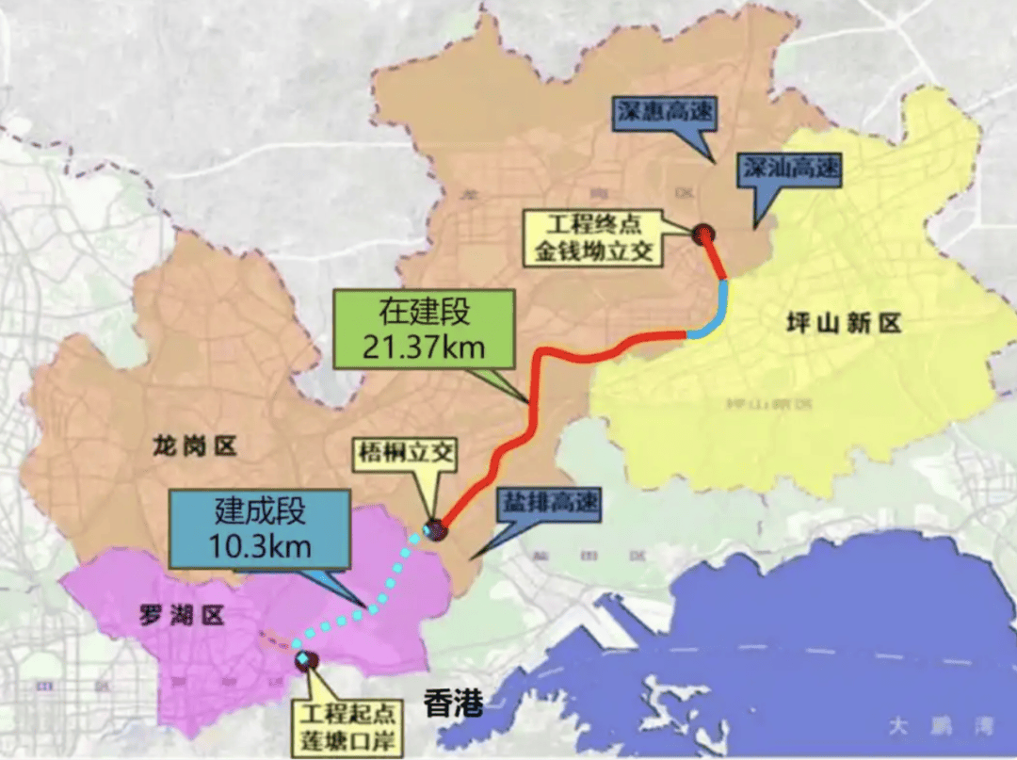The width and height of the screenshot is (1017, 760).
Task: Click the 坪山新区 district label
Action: [844, 324]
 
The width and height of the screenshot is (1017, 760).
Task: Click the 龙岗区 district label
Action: [194, 446]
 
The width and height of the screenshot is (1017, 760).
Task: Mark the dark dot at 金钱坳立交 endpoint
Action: [701, 234]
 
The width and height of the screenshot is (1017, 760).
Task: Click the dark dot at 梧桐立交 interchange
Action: [434, 529]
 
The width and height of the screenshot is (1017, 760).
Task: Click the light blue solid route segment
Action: [720, 306]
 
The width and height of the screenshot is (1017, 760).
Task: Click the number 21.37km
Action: [424, 347]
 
